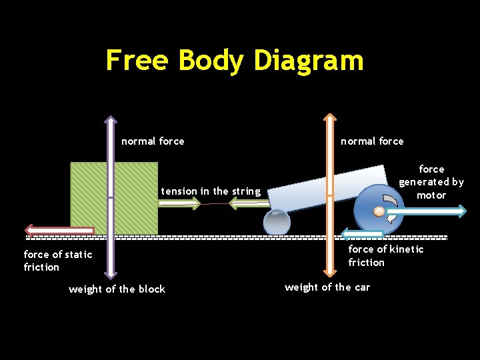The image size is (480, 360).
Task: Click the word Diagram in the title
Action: click(308, 61)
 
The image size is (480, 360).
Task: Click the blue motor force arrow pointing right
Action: click(429, 211)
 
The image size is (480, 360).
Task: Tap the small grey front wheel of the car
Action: click(276, 223)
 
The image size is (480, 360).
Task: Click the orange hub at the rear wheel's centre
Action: click(379, 211)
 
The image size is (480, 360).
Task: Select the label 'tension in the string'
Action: click(211, 191)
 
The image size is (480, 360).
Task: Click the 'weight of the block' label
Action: click(117, 289)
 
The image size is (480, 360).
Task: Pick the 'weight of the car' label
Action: click(327, 287)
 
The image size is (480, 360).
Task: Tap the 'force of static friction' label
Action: click(57, 261)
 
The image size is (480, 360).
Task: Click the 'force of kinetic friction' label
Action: click(385, 255)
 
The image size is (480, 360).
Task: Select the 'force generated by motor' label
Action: click(431, 182)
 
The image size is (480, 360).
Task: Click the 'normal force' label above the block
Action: click(153, 141)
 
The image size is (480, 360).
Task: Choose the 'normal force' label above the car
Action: click(372, 141)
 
